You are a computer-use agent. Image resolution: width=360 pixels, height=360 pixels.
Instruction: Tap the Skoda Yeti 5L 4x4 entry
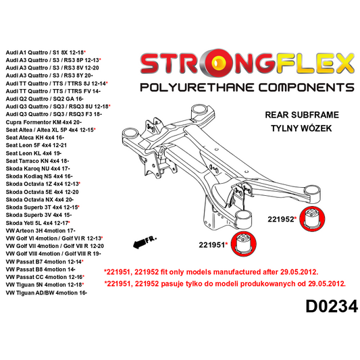[x=42, y=223]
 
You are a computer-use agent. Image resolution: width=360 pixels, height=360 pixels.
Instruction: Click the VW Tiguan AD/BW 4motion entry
[x=46, y=293]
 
